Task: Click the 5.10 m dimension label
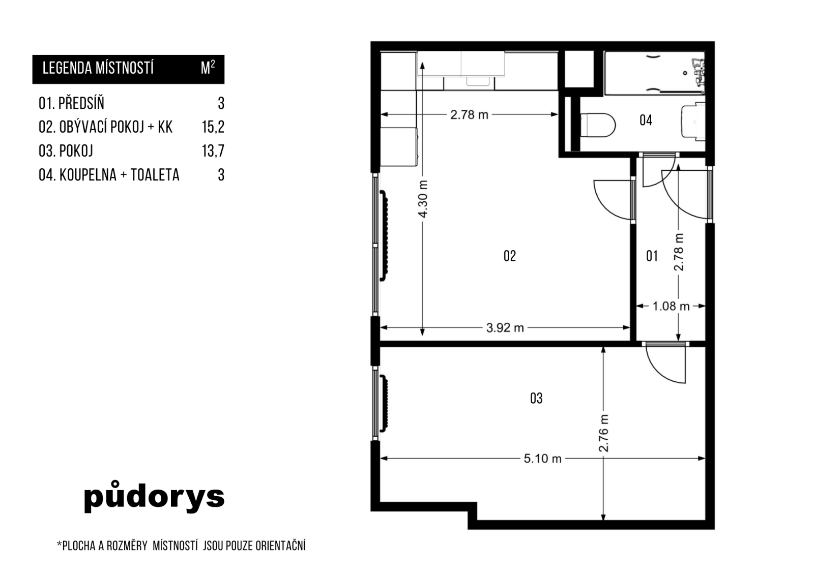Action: pos(542,459)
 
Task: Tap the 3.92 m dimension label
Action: pos(505,328)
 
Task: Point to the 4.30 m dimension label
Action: pos(423,199)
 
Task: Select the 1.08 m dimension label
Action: pos(671,306)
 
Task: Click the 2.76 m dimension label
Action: pos(603,433)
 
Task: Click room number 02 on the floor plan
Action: pos(509,256)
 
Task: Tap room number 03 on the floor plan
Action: pos(536,399)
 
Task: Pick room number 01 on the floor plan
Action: pos(652,256)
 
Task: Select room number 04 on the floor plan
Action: pos(646,120)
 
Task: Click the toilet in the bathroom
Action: pos(597,125)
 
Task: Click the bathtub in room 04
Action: pos(655,73)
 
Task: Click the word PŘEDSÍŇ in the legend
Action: pos(81,104)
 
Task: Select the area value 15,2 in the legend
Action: pos(213,127)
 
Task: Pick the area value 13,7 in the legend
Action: pos(213,151)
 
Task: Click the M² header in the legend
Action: pos(208,68)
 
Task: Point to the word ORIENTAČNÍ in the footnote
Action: pos(280,546)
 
